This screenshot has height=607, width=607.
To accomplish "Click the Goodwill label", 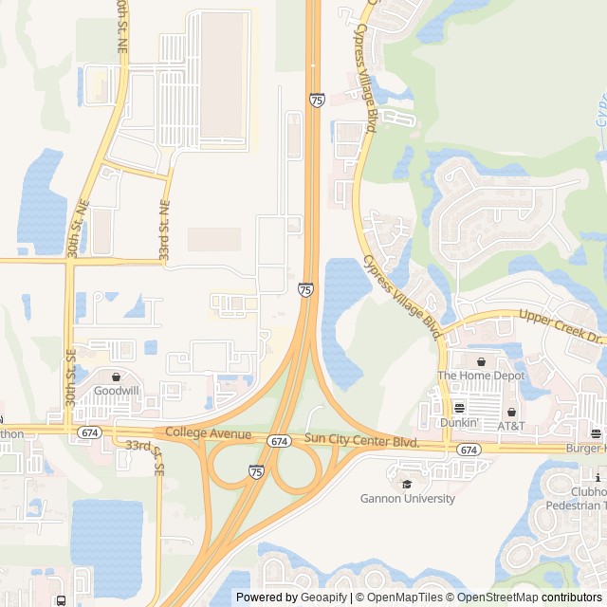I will pyautogui.click(x=117, y=390).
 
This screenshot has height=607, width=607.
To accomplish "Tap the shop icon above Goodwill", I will pyautogui.click(x=117, y=377).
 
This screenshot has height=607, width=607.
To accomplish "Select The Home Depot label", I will pyautogui.click(x=481, y=376).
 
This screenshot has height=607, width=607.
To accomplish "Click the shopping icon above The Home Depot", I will pyautogui.click(x=481, y=361).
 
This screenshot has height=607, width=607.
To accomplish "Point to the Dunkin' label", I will pyautogui.click(x=459, y=422).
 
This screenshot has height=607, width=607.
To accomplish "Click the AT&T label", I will pyautogui.click(x=512, y=426).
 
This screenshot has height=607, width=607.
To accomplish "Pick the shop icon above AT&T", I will pyautogui.click(x=512, y=412).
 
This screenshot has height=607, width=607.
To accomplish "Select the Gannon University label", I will pyautogui.click(x=408, y=498).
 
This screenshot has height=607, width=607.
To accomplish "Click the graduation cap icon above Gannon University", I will pyautogui.click(x=407, y=484).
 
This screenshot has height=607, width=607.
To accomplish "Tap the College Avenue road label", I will pyautogui.click(x=209, y=433).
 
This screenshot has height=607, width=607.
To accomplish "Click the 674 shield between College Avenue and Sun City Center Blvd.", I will pyautogui.click(x=278, y=441).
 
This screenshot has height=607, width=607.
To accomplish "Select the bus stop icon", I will pyautogui.click(x=61, y=600).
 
